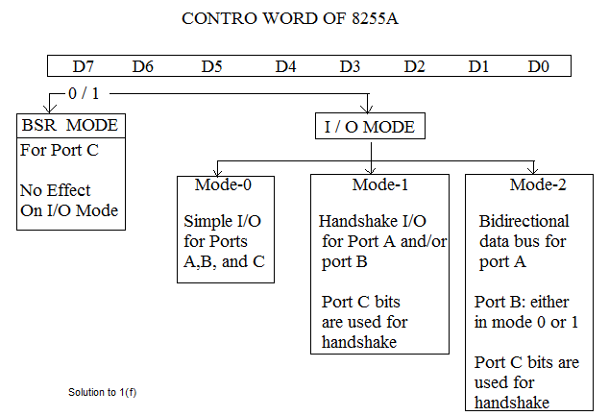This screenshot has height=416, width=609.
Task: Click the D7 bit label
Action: point(84,66)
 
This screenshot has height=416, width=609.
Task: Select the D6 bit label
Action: point(143,66)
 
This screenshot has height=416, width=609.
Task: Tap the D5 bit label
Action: point(212,66)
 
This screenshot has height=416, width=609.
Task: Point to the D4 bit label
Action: point(286,66)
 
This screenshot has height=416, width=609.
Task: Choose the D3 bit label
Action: point(351,66)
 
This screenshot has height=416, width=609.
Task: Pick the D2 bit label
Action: point(415,66)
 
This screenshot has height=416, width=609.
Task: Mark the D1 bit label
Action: point(479,66)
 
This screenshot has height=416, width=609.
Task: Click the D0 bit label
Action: point(540,66)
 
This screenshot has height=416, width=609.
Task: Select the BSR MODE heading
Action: point(72,126)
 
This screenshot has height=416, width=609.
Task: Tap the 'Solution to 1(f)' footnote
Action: point(109,392)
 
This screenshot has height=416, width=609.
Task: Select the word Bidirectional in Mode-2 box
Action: point(524,221)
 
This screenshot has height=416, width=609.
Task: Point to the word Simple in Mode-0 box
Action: point(208,221)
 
